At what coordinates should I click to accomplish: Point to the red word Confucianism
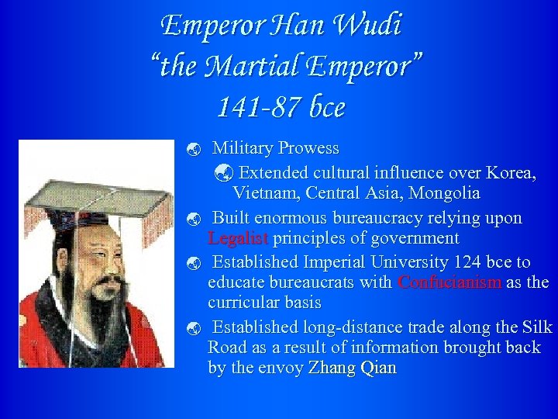(x=449, y=282)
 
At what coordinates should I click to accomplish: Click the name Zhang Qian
(x=352, y=367)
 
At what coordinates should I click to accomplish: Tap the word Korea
(x=512, y=171)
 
